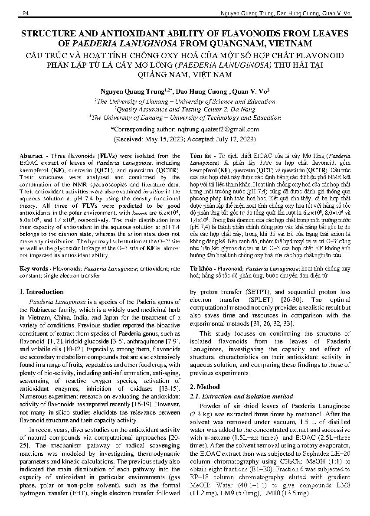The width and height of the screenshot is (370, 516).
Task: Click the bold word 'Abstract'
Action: pyautogui.click(x=31, y=156)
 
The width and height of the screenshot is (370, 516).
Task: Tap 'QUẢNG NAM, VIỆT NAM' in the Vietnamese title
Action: pyautogui.click(x=185, y=74)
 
